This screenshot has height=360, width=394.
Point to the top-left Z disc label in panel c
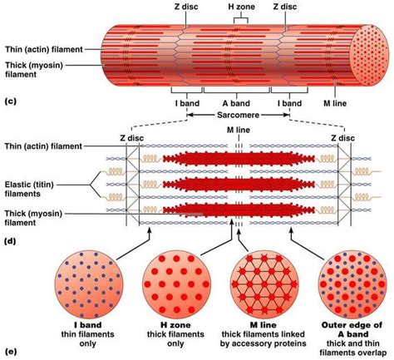click(185, 7)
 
